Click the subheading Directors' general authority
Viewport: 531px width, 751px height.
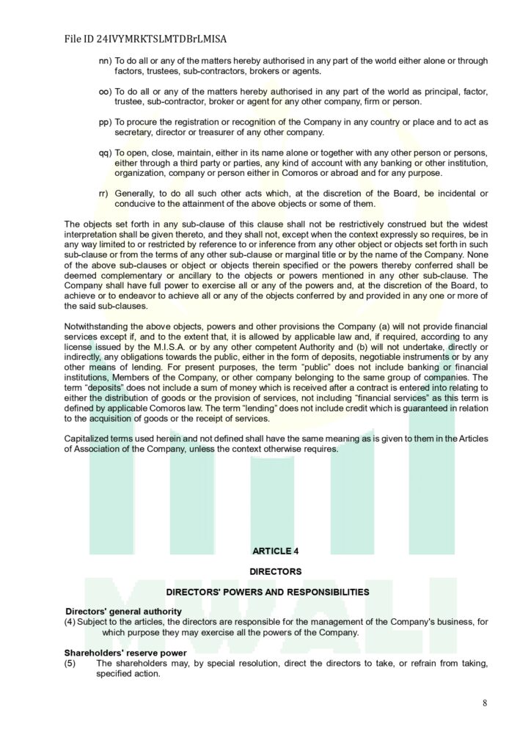[124, 612]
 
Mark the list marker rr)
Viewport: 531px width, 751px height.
[103, 194]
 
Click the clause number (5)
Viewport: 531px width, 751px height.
[70, 663]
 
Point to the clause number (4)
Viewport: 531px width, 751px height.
[70, 622]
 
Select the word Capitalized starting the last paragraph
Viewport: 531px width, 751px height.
[87, 439]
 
